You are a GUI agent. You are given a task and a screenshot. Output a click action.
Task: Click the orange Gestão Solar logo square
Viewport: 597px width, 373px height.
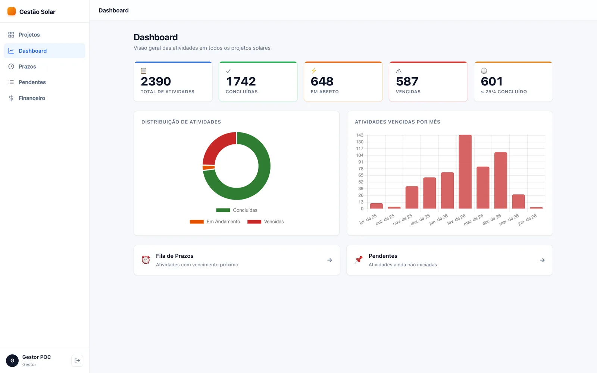coord(12,11)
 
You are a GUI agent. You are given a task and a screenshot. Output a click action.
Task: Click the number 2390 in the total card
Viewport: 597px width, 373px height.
coord(156,81)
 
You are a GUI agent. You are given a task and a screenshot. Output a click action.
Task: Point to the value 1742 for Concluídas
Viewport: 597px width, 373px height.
coord(241,81)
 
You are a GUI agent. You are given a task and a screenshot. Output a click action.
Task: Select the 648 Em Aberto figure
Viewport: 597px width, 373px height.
coord(322,81)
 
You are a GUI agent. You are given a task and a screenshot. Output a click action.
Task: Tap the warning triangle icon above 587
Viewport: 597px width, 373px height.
coord(399,71)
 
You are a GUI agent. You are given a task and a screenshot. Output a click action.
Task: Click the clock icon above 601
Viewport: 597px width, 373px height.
coord(484,70)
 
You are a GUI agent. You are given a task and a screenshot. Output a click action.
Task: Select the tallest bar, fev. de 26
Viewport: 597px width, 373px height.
coord(465,172)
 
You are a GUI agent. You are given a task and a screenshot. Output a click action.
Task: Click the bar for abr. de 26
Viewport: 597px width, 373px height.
coord(500,181)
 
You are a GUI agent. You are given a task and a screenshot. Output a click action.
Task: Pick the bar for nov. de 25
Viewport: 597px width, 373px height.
coord(412,197)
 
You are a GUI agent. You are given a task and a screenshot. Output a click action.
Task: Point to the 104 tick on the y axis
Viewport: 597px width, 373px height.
coord(360,155)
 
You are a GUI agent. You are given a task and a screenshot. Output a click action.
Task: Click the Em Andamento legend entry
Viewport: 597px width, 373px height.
coord(215,222)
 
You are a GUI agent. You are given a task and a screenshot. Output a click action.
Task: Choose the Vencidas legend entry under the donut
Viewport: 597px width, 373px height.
coord(265,222)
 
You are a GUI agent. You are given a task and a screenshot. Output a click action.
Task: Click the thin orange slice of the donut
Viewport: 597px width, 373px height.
coord(209,167)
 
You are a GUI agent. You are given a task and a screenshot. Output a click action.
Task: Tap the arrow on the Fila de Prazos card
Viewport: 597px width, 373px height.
coord(329,260)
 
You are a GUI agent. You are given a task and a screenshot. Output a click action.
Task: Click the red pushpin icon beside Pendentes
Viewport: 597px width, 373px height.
coord(359,260)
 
